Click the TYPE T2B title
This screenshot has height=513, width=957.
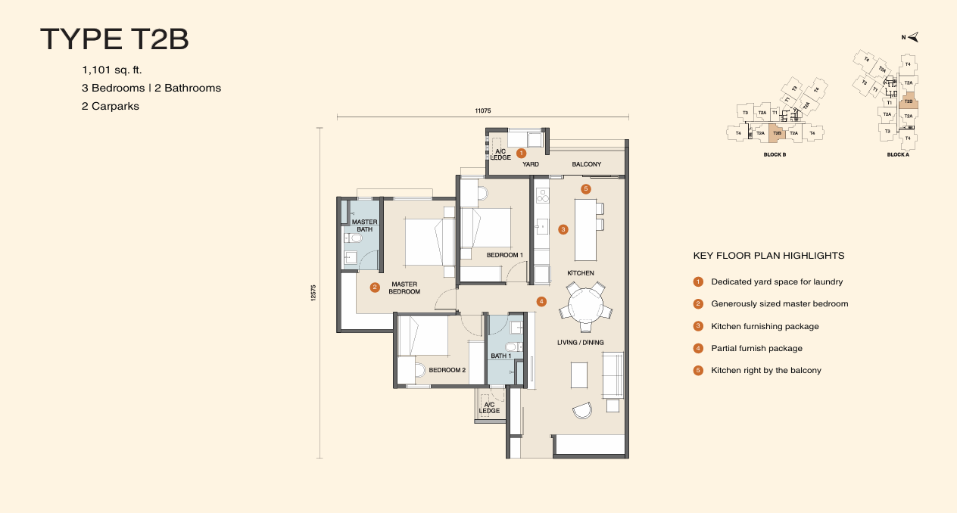click(114, 39)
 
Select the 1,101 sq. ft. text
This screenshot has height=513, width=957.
click(112, 70)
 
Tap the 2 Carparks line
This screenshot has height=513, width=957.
click(111, 106)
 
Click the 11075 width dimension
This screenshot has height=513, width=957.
click(483, 110)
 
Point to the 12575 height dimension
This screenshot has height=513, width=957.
click(313, 294)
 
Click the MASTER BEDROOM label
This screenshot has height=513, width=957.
click(405, 288)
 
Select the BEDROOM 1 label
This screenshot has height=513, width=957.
click(504, 255)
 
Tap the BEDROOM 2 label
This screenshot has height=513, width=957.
click(447, 370)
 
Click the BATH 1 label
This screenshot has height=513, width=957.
click(501, 356)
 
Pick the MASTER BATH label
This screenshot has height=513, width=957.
click(365, 225)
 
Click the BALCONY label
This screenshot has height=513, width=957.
click(587, 164)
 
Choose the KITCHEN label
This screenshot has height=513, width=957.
click(581, 273)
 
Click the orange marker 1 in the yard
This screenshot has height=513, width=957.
click(521, 153)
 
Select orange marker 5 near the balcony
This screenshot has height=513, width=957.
click(585, 188)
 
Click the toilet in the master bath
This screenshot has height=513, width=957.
click(354, 239)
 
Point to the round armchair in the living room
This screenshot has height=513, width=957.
click(582, 409)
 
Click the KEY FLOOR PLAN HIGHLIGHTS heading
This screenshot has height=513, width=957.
click(768, 256)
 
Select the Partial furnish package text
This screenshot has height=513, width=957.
click(756, 349)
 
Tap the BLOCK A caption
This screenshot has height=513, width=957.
click(897, 154)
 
